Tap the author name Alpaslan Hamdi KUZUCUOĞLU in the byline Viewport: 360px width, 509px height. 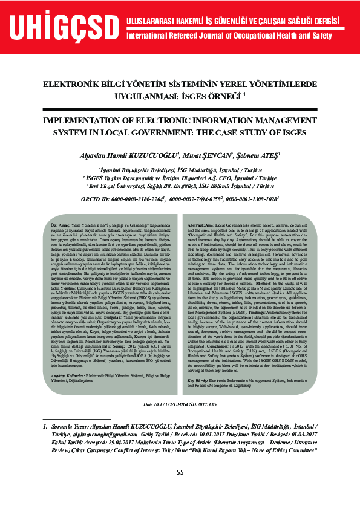click(x=129, y=155)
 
